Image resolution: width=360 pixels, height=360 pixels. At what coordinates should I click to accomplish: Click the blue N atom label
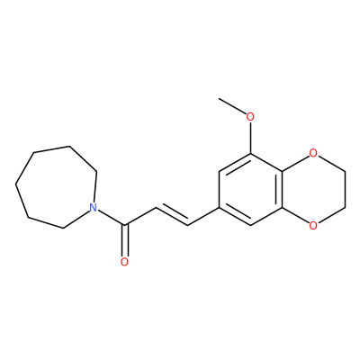(94, 207)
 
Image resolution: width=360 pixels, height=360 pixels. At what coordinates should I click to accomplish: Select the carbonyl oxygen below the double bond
(124, 261)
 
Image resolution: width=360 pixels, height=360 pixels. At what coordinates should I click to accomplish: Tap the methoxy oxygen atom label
(250, 117)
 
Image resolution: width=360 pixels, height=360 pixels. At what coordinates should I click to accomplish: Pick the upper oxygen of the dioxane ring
(313, 153)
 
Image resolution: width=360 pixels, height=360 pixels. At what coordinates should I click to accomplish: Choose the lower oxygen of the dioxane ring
(313, 225)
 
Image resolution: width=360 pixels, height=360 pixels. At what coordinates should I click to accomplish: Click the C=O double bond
(125, 240)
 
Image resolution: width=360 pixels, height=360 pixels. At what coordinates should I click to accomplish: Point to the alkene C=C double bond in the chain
(172, 215)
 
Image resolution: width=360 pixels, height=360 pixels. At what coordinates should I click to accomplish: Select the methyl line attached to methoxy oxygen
(232, 105)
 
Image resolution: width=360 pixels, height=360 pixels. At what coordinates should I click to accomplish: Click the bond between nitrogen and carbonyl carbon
(112, 218)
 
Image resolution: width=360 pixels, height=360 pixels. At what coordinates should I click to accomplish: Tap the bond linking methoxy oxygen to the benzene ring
(250, 138)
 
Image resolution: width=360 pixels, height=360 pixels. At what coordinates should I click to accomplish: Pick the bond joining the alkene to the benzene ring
(203, 216)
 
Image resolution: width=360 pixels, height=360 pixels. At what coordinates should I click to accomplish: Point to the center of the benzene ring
(250, 189)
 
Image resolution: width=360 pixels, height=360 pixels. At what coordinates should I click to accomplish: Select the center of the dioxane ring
(313, 189)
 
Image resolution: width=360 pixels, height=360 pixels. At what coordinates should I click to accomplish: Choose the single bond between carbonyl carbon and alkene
(140, 216)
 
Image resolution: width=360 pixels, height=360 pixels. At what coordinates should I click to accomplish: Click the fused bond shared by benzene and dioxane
(282, 189)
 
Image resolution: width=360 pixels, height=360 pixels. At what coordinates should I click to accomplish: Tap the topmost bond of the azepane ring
(52, 150)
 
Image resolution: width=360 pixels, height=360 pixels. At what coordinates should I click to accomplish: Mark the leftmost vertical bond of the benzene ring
(220, 189)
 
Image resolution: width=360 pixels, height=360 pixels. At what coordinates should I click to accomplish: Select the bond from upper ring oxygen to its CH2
(330, 163)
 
